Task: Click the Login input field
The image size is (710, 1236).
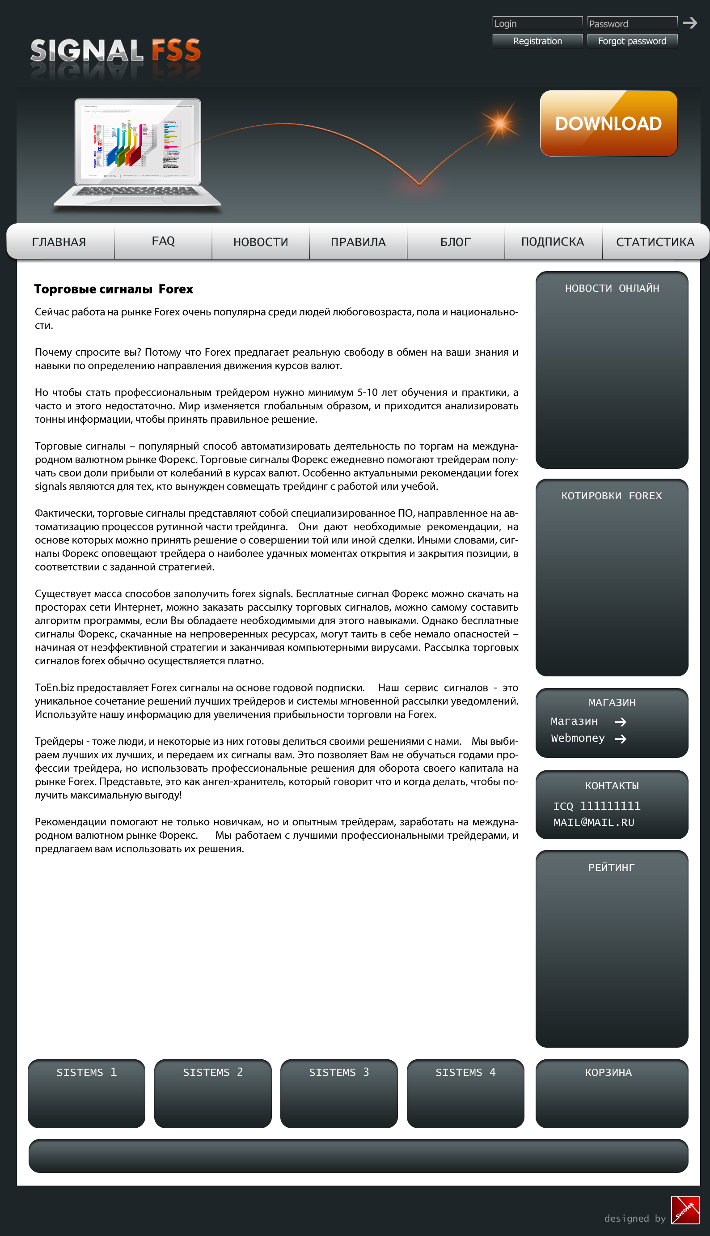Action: (537, 23)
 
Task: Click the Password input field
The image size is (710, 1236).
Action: (632, 23)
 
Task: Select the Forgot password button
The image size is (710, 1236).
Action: (632, 42)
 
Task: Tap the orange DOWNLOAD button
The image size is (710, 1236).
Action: (608, 123)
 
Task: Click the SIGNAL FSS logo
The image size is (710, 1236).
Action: (115, 51)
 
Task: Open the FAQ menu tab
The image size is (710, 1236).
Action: (163, 241)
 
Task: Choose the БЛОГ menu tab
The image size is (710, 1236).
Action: (456, 242)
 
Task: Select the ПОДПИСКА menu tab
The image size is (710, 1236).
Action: (553, 242)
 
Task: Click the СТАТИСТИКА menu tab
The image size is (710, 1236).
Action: (655, 242)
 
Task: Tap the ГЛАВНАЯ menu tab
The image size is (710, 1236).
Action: (59, 242)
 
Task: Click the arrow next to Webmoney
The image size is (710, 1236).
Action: (621, 739)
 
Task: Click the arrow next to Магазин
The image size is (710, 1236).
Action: (621, 722)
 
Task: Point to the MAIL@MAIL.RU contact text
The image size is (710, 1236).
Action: (593, 822)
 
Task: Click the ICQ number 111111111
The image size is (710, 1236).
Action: (609, 806)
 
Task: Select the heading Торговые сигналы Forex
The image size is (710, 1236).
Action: (114, 289)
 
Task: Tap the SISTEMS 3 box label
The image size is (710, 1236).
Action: (339, 1072)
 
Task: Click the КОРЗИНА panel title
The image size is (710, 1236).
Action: (608, 1072)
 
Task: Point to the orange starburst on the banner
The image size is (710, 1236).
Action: (500, 123)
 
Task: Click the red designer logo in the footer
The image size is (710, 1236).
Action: (685, 1210)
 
